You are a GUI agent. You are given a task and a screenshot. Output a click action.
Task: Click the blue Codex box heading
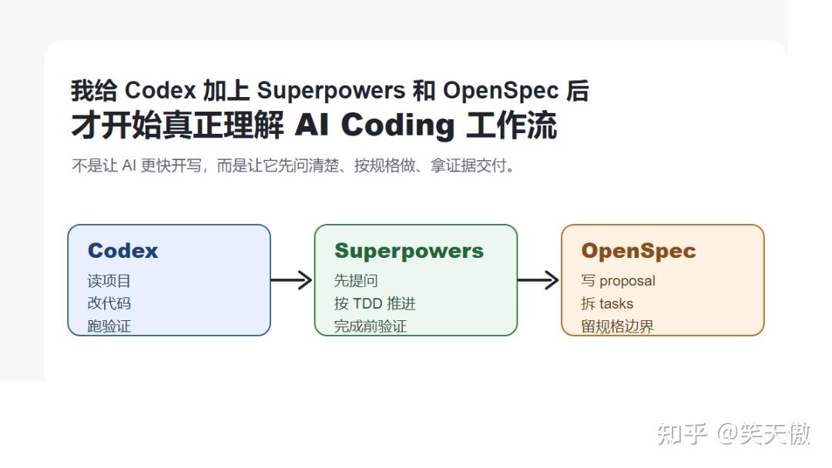pos(122,251)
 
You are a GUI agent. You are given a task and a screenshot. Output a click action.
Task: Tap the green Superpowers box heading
pos(408,251)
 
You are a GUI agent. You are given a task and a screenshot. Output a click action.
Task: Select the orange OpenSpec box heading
pos(639,251)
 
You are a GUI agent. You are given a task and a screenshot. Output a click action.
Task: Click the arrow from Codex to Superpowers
pos(291,280)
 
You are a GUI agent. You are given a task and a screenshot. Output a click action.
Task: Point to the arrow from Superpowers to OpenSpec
pos(538,280)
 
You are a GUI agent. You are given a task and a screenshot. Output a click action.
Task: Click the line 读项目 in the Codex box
pos(109,281)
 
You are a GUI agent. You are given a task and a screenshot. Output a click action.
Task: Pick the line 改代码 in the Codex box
pos(109,303)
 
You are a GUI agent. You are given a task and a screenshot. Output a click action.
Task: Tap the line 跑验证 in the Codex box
pos(109,326)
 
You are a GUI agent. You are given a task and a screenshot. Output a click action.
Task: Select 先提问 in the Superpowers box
pos(355,280)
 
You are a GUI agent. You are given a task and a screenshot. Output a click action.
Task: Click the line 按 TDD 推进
pos(374,303)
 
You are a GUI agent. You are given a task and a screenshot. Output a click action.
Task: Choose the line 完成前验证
pos(371,326)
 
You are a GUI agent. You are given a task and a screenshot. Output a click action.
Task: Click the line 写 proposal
pos(618,281)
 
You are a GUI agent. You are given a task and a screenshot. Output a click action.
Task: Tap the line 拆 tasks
pos(607,304)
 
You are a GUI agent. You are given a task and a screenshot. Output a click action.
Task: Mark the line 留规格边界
pos(617,326)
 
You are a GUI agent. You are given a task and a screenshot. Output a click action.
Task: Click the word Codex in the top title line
pos(160,90)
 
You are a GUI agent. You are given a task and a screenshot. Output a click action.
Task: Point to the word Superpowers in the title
pos(331,91)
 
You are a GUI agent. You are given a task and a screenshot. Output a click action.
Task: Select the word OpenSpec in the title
pos(501,91)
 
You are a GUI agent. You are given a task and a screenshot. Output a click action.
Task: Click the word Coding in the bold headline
pos(398,125)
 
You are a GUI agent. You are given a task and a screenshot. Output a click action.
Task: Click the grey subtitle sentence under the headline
pos(294,166)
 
